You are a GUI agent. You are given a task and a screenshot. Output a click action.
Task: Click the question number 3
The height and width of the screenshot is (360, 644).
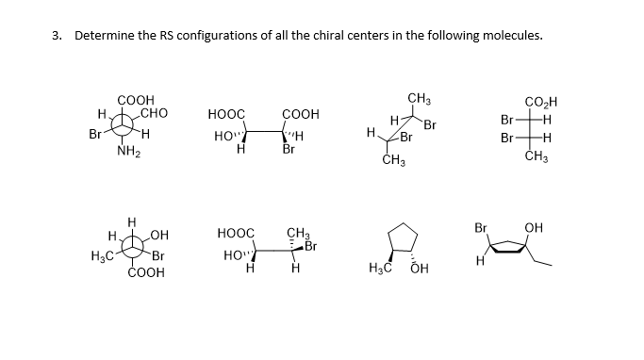click(57, 37)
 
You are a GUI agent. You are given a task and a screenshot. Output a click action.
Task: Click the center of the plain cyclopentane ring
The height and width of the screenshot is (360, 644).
click(404, 236)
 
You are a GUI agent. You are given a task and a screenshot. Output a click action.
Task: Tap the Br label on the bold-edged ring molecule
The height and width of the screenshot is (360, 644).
click(481, 228)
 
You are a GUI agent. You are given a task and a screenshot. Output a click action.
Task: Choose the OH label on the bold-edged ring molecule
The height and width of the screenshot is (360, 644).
click(535, 227)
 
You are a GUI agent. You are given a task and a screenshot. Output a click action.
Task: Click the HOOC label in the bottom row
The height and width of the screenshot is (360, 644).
click(236, 233)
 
